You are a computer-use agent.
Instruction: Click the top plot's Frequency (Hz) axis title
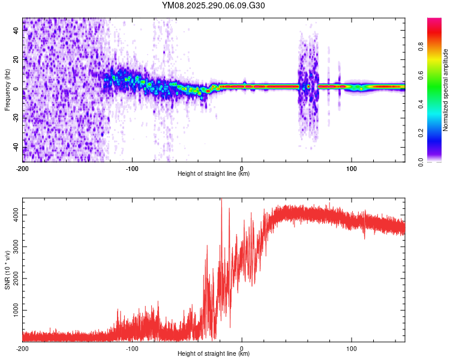(x=7, y=90)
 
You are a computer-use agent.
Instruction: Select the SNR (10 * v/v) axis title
(x=7, y=271)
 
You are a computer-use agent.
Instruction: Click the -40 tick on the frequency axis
(x=16, y=148)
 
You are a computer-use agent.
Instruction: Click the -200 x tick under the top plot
(x=23, y=167)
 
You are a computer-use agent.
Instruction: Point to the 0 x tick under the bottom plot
(x=242, y=347)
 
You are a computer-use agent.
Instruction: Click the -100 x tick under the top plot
(x=133, y=167)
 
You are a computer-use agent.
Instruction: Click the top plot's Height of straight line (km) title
(x=214, y=174)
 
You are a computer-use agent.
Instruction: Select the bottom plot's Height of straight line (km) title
(x=214, y=354)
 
